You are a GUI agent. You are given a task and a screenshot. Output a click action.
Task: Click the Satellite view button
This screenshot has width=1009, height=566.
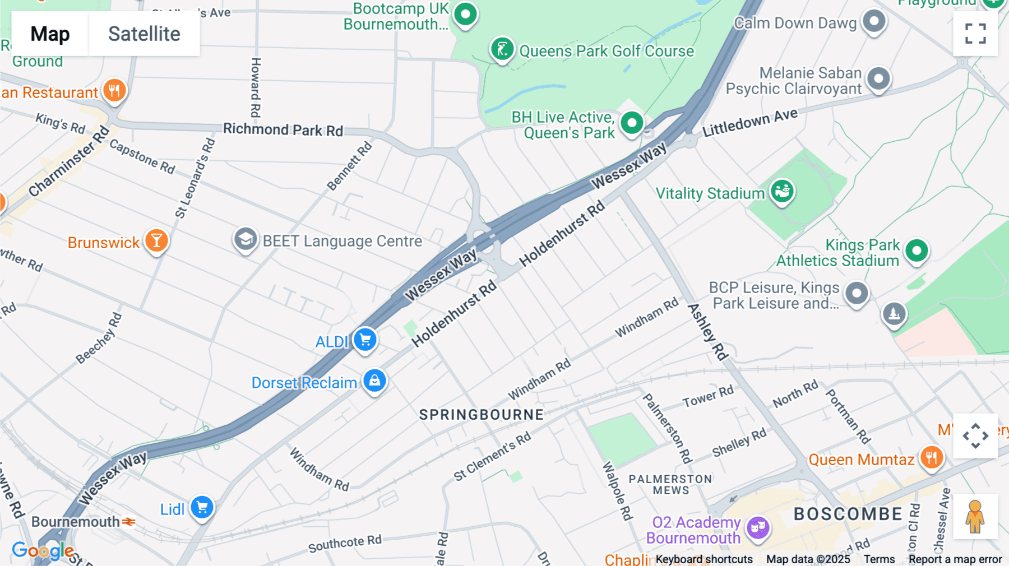pos(144,34)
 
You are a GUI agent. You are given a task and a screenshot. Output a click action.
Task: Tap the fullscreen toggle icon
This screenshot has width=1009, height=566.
pos(975,34)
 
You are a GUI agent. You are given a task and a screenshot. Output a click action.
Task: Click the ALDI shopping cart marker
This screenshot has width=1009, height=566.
pos(365,340)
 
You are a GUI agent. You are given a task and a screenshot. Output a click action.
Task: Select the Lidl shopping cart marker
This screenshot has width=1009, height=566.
pos(202,508)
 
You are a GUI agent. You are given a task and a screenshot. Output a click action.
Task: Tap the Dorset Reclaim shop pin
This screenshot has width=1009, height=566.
pos(374,381)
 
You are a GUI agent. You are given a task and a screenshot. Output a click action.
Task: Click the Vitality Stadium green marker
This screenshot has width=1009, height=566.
pos(782,192)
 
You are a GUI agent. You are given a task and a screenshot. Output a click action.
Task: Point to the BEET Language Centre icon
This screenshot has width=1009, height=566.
pos(245,240)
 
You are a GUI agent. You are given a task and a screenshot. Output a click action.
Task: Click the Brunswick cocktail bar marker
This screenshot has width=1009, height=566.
pos(156,241)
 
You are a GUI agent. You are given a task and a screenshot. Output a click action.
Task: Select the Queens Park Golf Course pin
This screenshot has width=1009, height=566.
pos(502,49)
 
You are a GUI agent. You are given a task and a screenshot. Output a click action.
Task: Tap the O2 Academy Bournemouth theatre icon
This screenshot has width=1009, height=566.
pos(758,527)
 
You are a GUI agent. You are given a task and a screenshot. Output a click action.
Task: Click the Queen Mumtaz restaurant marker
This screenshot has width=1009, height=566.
pos(931,458)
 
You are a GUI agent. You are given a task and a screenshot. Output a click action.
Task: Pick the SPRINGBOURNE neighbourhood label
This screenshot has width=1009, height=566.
pos(482,415)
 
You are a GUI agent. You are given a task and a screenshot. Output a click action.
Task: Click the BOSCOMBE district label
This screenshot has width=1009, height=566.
pos(848,514)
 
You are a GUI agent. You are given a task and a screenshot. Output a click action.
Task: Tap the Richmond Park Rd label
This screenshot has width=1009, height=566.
pos(283,129)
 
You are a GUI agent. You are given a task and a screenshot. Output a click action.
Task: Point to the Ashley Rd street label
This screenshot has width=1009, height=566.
pos(707,332)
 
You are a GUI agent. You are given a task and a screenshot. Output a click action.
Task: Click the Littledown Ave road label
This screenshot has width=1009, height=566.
pos(749,123)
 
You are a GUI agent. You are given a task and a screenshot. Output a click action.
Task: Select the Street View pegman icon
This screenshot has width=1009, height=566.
pos(975,516)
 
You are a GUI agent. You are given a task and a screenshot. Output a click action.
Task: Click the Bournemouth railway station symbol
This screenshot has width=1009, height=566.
pos(129,522)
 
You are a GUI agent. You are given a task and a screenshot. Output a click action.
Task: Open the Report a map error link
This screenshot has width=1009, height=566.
pos(955,559)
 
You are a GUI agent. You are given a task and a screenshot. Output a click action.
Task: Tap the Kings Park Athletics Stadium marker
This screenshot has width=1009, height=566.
pos(917,250)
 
